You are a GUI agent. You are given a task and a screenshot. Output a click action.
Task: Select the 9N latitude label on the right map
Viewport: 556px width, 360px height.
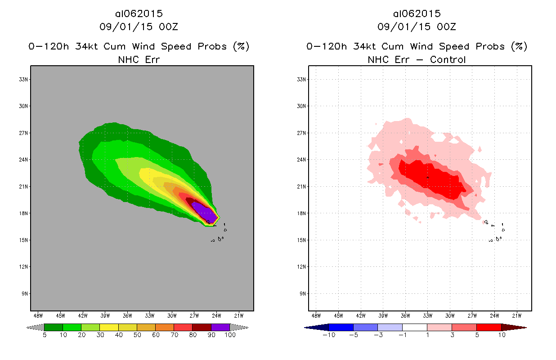(x=302, y=294)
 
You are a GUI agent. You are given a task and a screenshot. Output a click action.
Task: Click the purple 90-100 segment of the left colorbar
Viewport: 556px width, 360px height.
(x=220, y=327)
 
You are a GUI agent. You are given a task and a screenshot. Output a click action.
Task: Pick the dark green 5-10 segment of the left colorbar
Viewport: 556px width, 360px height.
(x=54, y=327)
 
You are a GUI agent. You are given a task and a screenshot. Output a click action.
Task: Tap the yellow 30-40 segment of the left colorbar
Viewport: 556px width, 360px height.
(x=109, y=327)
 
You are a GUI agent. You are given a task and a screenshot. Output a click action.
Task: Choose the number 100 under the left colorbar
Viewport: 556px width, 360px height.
(x=230, y=335)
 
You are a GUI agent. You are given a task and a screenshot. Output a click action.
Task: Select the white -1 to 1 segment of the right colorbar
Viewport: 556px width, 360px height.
(x=414, y=327)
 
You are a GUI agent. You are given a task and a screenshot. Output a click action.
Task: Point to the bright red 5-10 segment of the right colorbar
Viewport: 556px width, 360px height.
(x=489, y=327)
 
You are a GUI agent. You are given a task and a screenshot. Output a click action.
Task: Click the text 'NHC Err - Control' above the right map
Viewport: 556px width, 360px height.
(x=417, y=59)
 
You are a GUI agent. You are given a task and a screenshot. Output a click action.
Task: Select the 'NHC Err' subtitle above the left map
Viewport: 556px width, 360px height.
(x=139, y=59)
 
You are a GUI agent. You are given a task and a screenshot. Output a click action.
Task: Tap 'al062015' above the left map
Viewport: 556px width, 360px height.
(x=139, y=13)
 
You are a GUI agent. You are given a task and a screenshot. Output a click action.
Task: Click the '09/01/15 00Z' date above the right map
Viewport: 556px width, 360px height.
(x=417, y=27)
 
